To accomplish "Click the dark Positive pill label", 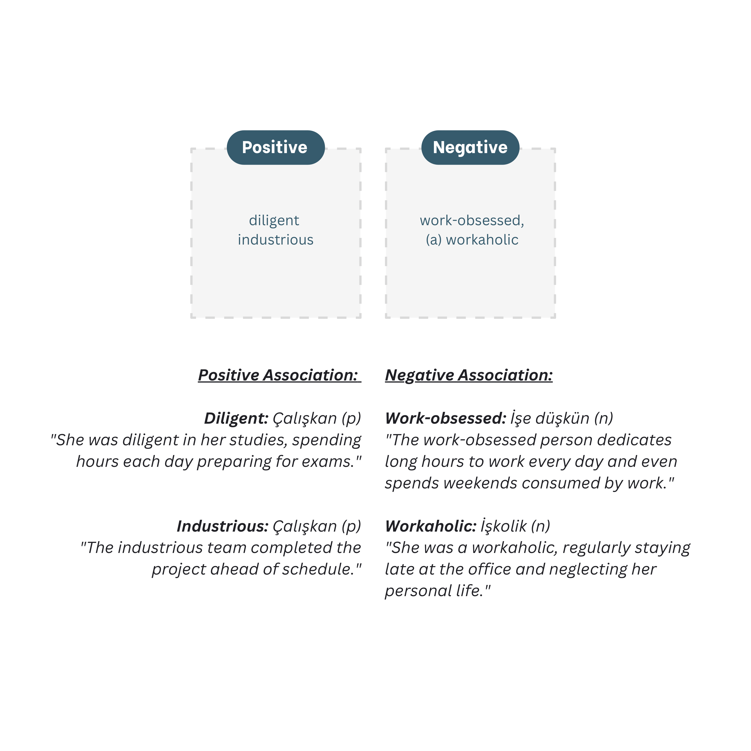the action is [276, 147].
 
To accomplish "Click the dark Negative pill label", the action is [470, 147].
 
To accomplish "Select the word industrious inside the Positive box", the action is [276, 240].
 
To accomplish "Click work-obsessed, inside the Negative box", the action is [472, 220].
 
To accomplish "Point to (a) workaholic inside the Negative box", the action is [472, 240].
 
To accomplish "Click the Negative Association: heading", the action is [469, 375].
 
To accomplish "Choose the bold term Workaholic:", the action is [431, 526].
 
